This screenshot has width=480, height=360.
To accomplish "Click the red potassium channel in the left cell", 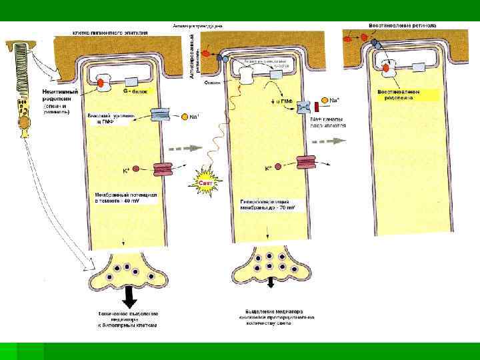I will tap(163, 171).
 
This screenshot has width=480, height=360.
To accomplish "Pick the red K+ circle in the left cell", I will tap(135, 169).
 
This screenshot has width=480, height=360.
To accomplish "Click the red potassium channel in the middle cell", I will tap(305, 163).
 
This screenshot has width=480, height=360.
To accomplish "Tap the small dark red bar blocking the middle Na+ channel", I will tap(317, 105).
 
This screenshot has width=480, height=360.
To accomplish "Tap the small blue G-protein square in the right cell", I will tap(419, 67).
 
